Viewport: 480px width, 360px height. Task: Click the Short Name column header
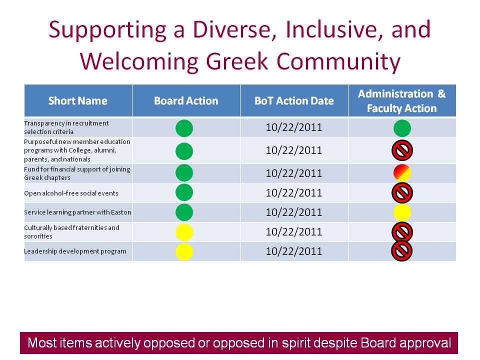pos(78,100)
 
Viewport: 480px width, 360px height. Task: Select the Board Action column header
pos(186,100)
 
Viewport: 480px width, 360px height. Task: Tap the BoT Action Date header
pos(294,100)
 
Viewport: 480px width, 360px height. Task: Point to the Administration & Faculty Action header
pos(402,100)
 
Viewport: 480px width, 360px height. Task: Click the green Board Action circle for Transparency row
pos(184,128)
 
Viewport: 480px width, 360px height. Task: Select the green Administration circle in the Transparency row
pos(402,128)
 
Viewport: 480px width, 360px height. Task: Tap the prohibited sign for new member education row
pos(402,150)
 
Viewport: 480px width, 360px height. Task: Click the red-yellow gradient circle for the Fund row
pos(402,172)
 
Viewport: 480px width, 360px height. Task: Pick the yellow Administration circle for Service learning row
pos(402,212)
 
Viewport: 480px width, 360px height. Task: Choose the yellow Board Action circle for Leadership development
pos(184,251)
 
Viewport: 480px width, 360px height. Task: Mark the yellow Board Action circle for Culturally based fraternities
pos(184,232)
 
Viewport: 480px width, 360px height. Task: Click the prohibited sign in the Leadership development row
pos(402,251)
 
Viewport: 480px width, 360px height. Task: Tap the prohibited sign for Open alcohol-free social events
pos(402,193)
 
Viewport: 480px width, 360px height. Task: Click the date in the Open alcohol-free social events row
pos(294,193)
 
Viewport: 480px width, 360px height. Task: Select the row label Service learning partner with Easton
pos(78,212)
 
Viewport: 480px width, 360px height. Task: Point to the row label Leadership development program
pos(75,251)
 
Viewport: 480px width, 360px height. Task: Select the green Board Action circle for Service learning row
pos(184,212)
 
